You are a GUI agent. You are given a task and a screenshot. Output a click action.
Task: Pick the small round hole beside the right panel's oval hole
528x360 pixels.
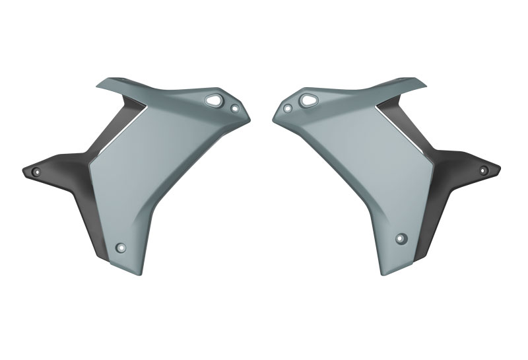point(286,108)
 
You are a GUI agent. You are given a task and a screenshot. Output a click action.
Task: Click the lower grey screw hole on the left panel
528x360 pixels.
point(121,248)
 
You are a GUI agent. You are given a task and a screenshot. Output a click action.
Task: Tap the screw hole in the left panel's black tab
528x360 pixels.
point(36,171)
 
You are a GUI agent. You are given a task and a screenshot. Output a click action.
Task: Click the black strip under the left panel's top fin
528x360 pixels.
point(115,126)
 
